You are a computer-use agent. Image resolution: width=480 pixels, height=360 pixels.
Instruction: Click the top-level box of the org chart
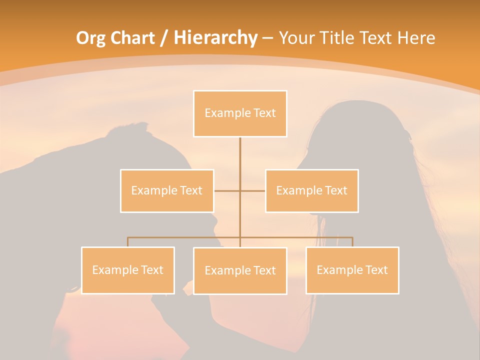tap(240, 113)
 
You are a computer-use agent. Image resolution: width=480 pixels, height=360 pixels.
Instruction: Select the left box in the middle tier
tap(167, 190)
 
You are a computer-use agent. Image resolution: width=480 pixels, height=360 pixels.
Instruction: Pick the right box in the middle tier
tap(311, 190)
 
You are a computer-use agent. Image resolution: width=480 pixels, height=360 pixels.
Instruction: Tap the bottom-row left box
tap(128, 270)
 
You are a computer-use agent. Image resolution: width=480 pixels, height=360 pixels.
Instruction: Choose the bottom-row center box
tap(240, 270)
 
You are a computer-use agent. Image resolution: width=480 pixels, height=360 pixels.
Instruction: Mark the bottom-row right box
tap(352, 270)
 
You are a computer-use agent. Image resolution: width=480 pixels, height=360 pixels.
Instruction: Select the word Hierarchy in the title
tap(215, 38)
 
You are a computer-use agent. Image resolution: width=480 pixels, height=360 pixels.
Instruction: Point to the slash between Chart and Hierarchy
tap(163, 38)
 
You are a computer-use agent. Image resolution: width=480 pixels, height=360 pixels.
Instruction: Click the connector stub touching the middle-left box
tap(226, 190)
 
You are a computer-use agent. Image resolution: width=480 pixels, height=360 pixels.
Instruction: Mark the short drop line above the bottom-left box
tap(128, 242)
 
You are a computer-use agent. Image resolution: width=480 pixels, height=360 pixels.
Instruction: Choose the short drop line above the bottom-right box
tap(352, 242)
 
